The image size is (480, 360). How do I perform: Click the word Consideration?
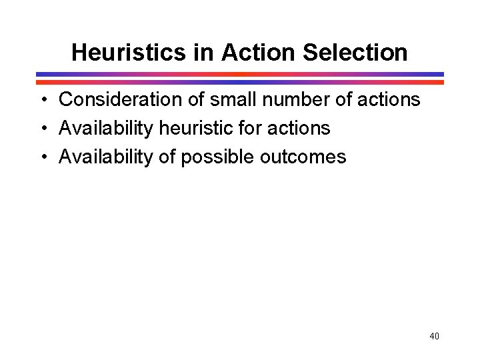click(x=119, y=100)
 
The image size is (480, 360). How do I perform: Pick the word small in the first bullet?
click(x=227, y=100)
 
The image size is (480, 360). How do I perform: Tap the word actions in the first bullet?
click(x=389, y=100)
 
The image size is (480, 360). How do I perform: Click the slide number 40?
click(x=434, y=337)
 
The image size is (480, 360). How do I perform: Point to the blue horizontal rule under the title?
click(x=240, y=75)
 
